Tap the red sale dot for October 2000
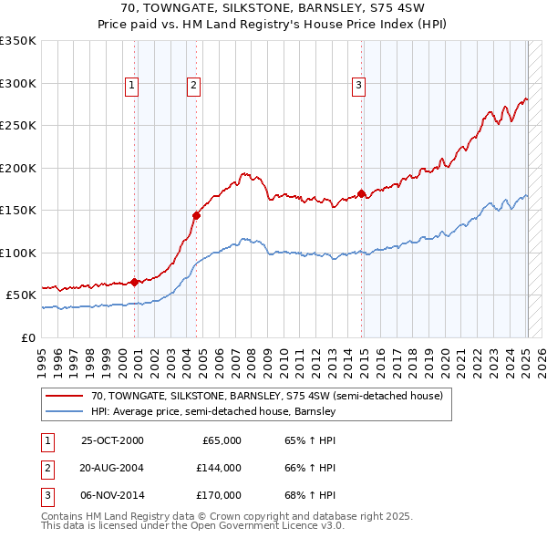[135, 282]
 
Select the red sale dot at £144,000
[196, 215]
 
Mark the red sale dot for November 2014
[362, 193]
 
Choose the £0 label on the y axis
[26, 337]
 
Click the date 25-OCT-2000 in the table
[112, 440]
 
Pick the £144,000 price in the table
[219, 468]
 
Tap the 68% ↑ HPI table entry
[310, 495]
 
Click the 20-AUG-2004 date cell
[112, 468]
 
